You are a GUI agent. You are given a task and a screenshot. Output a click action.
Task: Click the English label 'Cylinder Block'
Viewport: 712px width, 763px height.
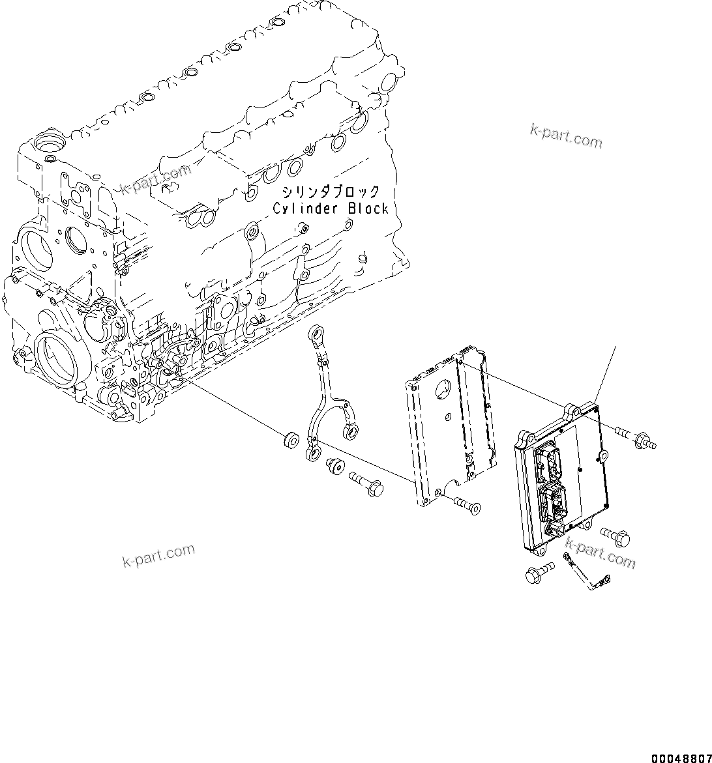[x=330, y=209]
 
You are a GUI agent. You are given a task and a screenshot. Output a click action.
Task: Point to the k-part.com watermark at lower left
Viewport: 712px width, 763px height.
[x=158, y=555]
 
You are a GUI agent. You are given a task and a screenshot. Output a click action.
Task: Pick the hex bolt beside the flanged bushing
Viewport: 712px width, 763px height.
[x=366, y=482]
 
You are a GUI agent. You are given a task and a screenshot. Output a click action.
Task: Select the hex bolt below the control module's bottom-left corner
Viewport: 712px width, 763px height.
[x=538, y=574]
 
